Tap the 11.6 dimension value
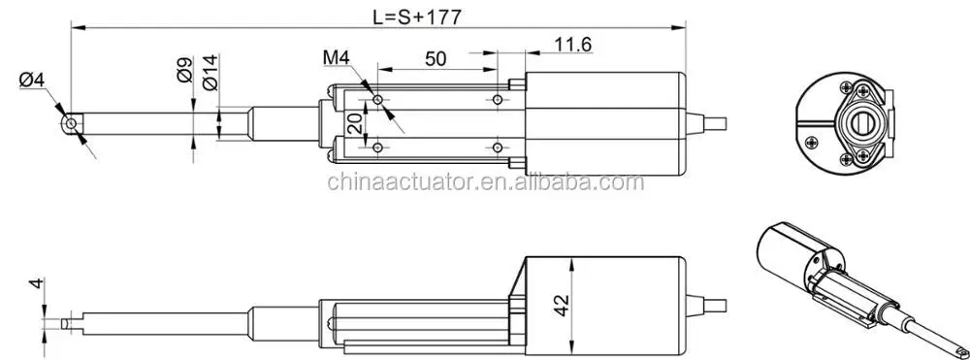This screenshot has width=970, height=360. point(572,44)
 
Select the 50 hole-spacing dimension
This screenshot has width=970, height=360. point(436,58)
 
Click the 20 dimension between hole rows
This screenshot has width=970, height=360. point(355,123)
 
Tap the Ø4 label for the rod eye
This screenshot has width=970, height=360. point(32,81)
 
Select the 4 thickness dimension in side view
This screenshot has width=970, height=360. point(35,284)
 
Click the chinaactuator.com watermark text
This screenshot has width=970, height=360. point(485,181)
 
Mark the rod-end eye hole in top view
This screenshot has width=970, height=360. point(70,124)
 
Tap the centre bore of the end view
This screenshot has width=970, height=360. point(857,123)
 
